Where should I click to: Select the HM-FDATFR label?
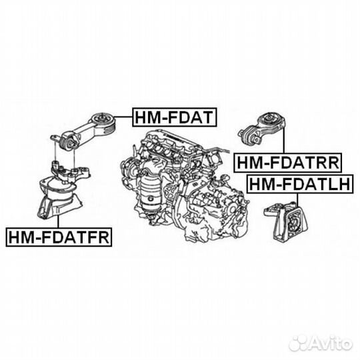[x=58, y=235]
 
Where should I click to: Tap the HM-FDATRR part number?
[x=287, y=161]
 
